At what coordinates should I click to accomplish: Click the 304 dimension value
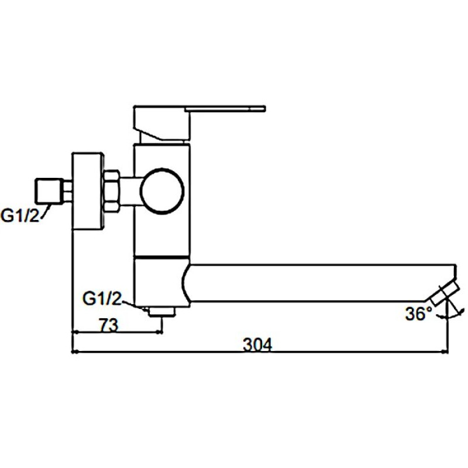(258, 345)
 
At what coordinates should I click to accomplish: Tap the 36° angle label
(418, 314)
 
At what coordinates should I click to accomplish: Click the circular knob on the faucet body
(163, 191)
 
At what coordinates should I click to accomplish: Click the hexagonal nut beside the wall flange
(112, 191)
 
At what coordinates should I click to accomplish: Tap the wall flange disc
(88, 191)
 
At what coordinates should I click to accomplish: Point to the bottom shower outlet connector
(162, 311)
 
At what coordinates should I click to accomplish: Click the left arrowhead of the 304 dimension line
(74, 352)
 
